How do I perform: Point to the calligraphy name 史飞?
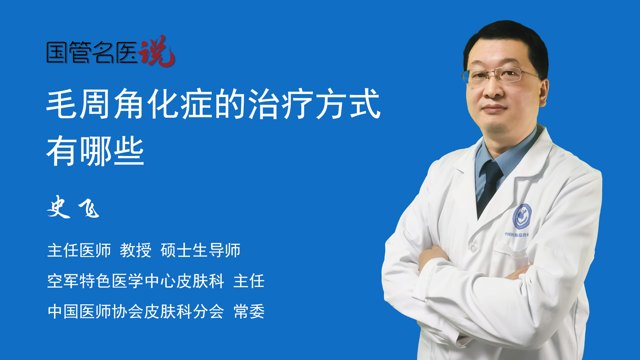pyautogui.click(x=73, y=207)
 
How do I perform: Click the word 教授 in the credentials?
pyautogui.click(x=136, y=250)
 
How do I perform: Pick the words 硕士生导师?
pyautogui.click(x=200, y=250)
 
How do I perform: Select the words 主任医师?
pyautogui.click(x=79, y=250)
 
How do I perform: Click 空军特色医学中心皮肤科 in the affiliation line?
pyautogui.click(x=136, y=281)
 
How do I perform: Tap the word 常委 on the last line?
pyautogui.click(x=249, y=312)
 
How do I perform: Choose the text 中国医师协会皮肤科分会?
pyautogui.click(x=136, y=312)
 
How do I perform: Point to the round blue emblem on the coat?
pyautogui.click(x=522, y=217)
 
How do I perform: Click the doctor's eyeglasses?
pyautogui.click(x=500, y=75)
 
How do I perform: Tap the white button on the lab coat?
pyautogui.click(x=473, y=248)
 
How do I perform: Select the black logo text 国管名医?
pyautogui.click(x=92, y=52)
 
